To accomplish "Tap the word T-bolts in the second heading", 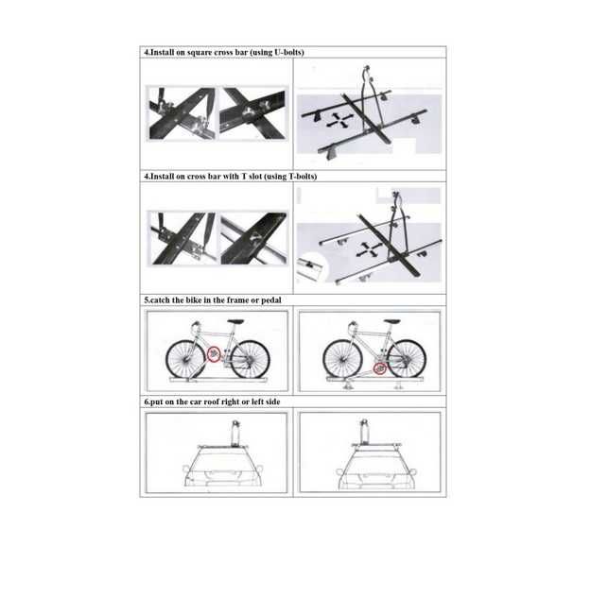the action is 302,177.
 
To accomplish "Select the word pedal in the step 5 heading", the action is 270,300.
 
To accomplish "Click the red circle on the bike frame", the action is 214,354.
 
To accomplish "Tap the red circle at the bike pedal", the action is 379,368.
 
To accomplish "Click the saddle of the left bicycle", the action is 235,321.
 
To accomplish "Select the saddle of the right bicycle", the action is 392,321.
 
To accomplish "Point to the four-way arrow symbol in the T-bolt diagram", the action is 369,249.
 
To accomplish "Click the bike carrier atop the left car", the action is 235,434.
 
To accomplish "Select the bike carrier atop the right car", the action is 364,433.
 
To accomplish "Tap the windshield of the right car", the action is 376,460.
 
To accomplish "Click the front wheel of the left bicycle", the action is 185,360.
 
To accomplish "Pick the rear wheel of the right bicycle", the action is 407,360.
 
